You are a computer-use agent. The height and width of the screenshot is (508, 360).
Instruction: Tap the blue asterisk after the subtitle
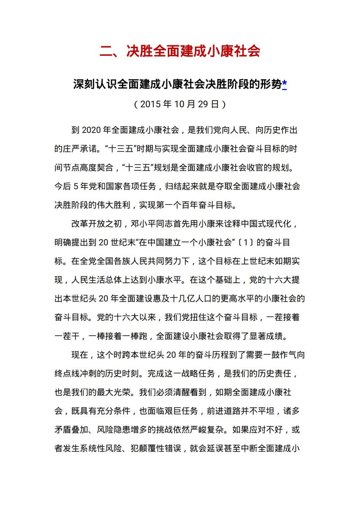tap(284, 84)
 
